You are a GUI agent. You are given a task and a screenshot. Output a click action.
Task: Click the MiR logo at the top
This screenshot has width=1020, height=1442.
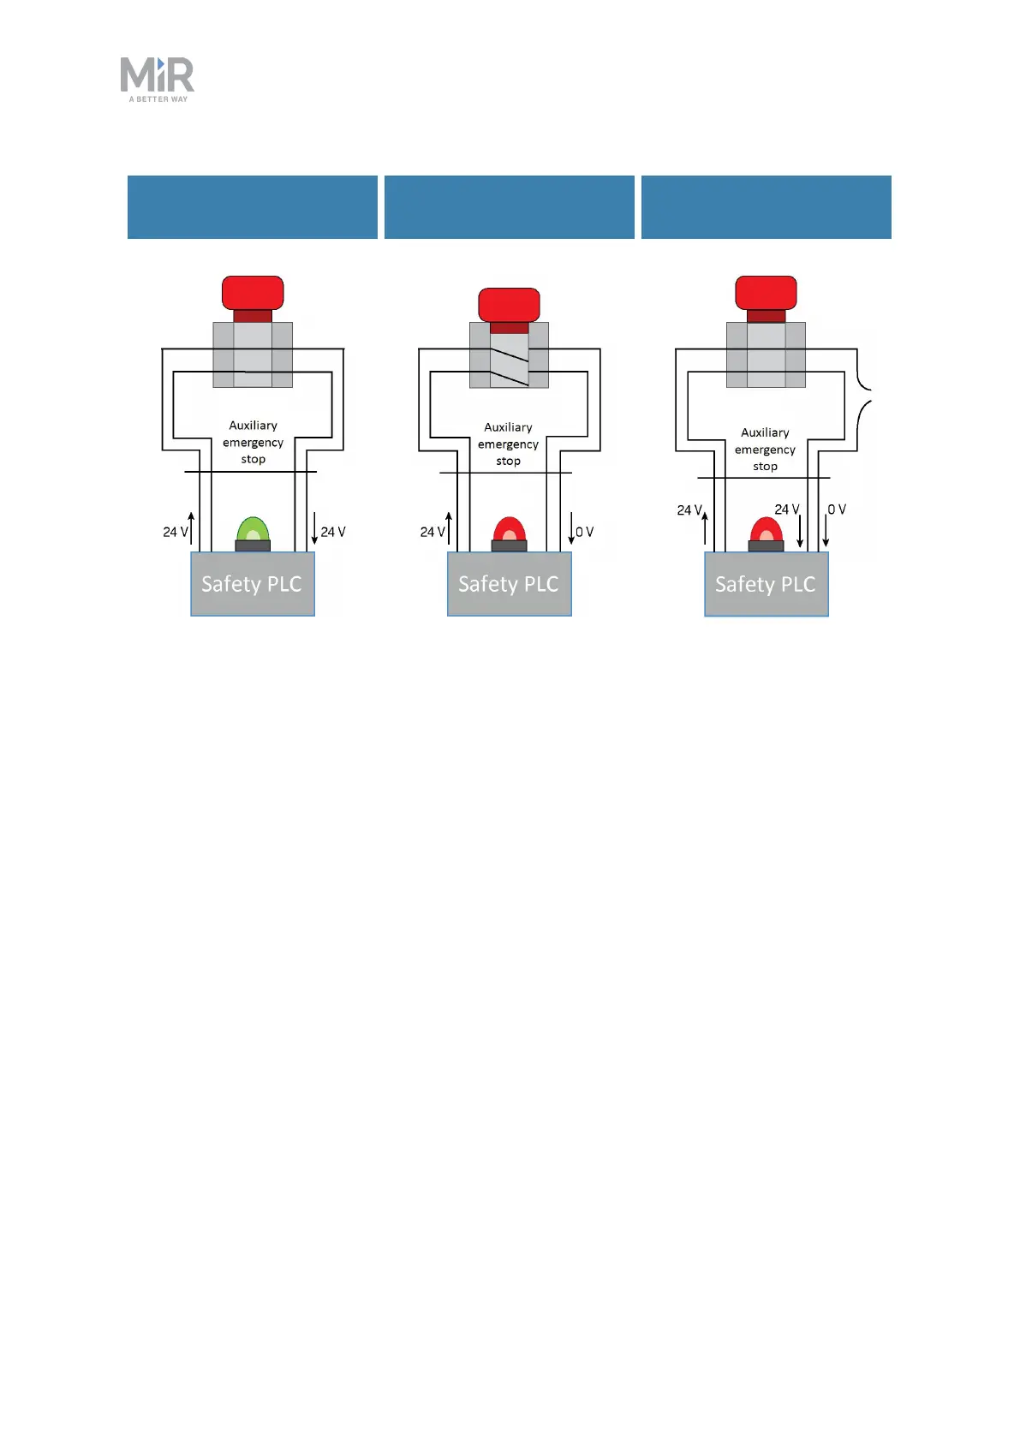click(x=158, y=79)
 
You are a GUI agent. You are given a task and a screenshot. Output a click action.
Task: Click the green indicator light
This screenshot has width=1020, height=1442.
click(x=253, y=530)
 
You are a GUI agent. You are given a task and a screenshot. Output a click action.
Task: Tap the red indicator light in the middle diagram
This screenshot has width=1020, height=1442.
click(x=510, y=530)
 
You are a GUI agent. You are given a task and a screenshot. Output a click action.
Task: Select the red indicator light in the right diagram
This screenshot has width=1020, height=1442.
click(x=766, y=531)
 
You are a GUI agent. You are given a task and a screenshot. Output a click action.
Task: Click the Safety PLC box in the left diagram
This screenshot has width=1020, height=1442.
click(x=253, y=584)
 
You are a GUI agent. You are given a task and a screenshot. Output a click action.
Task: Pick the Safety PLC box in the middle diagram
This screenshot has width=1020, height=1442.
click(x=510, y=584)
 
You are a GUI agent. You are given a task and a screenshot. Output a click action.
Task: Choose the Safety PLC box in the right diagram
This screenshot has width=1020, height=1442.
click(x=766, y=584)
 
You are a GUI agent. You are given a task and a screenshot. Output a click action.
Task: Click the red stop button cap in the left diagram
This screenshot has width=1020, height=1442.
click(x=253, y=292)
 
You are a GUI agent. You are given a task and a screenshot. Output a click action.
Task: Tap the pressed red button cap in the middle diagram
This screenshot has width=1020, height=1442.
click(x=509, y=304)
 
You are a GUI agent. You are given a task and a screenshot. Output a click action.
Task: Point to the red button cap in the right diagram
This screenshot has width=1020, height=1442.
click(x=766, y=292)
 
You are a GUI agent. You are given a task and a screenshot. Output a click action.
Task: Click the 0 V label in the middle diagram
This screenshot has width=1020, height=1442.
click(x=585, y=532)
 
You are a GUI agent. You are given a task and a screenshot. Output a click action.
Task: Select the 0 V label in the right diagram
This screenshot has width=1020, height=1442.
click(x=837, y=509)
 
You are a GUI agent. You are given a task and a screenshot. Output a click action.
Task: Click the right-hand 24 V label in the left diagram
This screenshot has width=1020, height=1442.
click(x=333, y=532)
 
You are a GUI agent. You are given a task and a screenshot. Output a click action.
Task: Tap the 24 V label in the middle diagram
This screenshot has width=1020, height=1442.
click(x=432, y=532)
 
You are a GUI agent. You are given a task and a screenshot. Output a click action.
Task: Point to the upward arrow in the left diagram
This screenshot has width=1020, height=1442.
click(x=191, y=529)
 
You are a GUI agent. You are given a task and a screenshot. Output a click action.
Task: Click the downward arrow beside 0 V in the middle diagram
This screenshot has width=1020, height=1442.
click(x=571, y=529)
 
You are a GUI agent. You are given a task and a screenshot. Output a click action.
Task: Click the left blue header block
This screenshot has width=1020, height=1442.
click(x=253, y=207)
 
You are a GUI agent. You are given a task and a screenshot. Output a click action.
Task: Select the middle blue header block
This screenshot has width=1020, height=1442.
click(x=510, y=207)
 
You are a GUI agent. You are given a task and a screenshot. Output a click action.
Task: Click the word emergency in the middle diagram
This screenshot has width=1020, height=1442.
click(x=508, y=444)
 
